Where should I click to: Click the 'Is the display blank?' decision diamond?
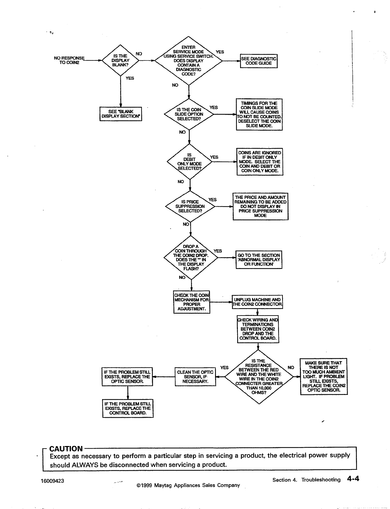point(120,60)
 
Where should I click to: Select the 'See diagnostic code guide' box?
point(259,61)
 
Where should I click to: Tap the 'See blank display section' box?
point(121,114)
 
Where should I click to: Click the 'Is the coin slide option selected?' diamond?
point(189,114)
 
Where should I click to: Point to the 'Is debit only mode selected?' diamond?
point(190,162)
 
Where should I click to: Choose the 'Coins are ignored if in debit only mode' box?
point(260,162)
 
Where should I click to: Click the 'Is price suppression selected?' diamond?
point(190,206)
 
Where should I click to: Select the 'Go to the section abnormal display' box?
point(259,260)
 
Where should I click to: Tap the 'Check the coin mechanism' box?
point(192,302)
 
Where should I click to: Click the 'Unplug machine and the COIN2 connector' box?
point(257,302)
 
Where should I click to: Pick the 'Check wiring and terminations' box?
point(258,329)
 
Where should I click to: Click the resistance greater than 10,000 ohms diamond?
point(259,377)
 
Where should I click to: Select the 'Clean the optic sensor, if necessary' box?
point(195,377)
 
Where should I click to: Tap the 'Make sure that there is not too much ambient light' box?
point(324,376)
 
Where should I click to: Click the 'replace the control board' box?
point(128,408)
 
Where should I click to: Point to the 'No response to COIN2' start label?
point(69,60)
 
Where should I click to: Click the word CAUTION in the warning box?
point(66,449)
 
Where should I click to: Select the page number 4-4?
point(352,479)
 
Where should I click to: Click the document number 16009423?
point(53,481)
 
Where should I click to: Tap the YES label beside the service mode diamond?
point(220,52)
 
